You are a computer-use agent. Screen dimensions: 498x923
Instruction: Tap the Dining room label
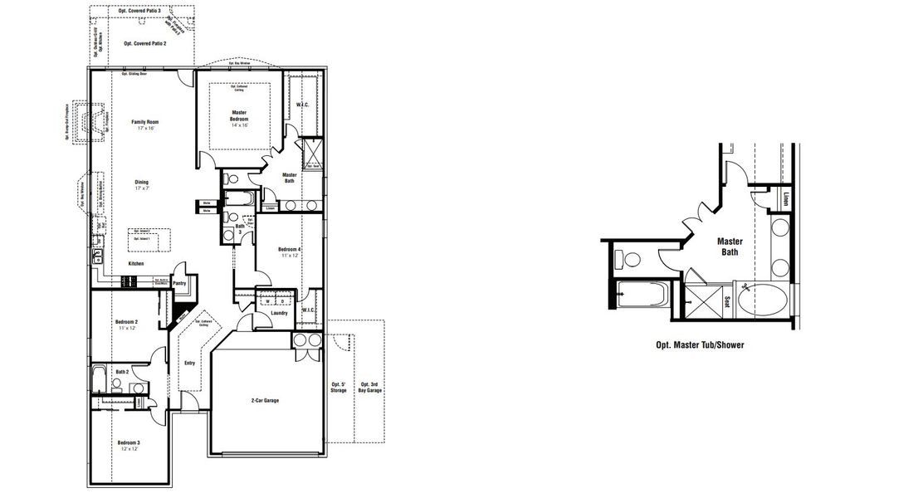[143, 184]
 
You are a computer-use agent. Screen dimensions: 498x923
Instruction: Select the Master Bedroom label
[239, 116]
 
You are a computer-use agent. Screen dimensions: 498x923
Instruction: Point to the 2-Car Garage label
[265, 401]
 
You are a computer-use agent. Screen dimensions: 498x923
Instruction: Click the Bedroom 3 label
[128, 444]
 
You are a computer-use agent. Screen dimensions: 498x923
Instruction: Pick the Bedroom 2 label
[126, 324]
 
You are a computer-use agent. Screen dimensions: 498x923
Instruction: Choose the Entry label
[189, 363]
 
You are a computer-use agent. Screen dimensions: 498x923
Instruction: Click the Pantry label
[179, 283]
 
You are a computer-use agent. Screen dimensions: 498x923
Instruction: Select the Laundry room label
[280, 313]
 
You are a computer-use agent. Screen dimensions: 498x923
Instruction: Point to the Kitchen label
[135, 264]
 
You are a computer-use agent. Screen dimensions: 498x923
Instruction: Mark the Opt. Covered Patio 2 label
[142, 42]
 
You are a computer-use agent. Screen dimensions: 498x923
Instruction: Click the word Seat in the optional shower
[728, 302]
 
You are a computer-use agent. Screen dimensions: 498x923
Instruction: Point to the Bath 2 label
[121, 372]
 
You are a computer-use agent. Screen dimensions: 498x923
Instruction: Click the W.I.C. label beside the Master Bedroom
[302, 105]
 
